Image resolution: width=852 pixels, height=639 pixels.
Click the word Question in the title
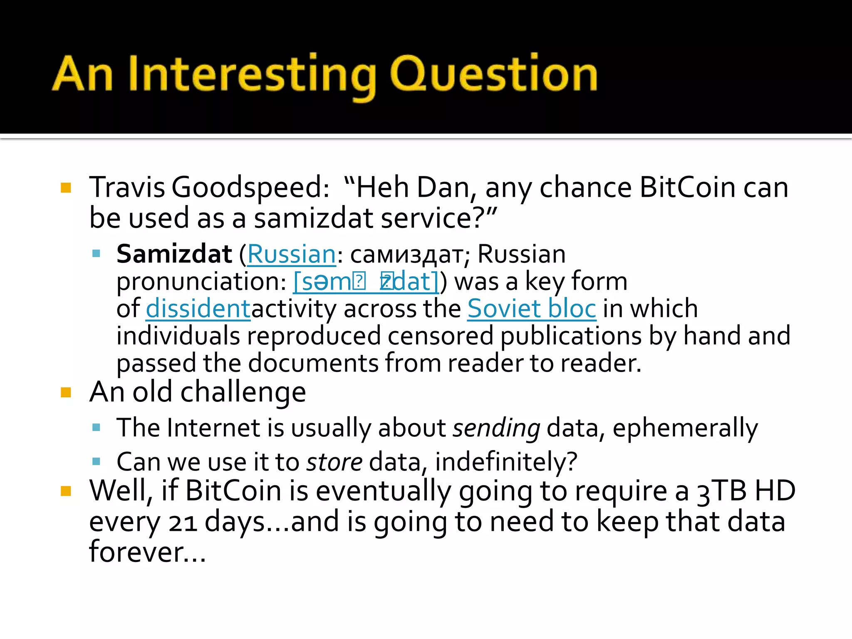click(493, 74)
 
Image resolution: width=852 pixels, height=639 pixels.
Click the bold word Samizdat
click(174, 254)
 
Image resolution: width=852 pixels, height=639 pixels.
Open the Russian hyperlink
click(291, 254)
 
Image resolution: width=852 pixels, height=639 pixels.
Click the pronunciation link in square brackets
click(366, 282)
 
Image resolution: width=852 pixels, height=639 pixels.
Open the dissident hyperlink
click(198, 309)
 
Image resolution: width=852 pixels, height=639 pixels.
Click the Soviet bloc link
click(532, 309)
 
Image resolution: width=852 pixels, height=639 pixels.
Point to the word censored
click(440, 336)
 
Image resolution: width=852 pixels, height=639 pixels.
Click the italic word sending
click(496, 428)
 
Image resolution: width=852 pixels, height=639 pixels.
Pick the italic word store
click(334, 462)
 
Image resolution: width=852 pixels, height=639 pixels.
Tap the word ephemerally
click(685, 428)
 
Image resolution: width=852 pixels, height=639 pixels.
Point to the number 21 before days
click(183, 523)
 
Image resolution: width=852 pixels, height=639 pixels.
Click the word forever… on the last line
click(147, 552)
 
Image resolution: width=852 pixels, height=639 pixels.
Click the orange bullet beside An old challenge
click(66, 392)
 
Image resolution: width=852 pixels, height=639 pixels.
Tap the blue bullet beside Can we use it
click(97, 461)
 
